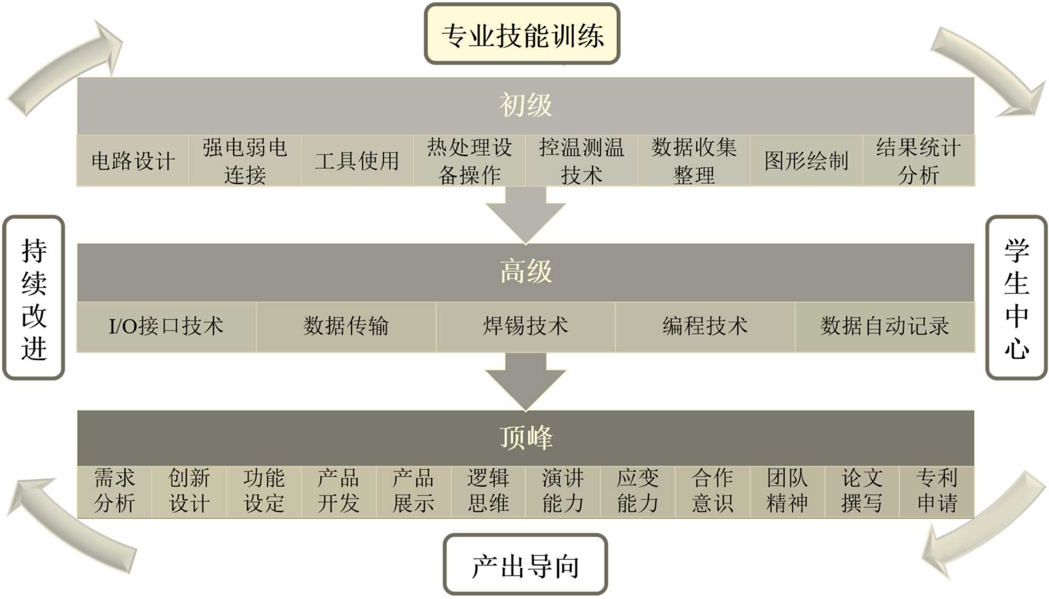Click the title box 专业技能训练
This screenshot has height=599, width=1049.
coord(522,35)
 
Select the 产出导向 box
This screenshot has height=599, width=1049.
coord(525,565)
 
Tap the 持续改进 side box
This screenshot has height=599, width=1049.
coord(34,298)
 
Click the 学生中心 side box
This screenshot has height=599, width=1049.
coord(1016,298)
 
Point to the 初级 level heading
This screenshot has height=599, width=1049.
coord(525,105)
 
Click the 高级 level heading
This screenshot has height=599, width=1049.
coord(525,271)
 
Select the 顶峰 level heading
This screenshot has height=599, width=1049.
coord(525,437)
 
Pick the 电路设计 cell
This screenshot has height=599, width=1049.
coord(133,161)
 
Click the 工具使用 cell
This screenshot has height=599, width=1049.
coord(357,161)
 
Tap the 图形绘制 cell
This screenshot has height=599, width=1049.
coord(806,161)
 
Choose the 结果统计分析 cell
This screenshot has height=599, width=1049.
coord(918,161)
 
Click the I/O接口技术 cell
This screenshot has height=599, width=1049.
coord(166,326)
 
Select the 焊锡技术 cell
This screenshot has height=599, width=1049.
coord(525,326)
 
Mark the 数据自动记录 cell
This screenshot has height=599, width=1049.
coord(884,326)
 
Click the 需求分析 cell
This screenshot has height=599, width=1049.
coord(114,491)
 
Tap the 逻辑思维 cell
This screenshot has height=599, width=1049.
coord(488,491)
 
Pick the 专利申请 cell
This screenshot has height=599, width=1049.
coord(937,491)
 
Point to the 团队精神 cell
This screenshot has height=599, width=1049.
coord(787,491)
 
